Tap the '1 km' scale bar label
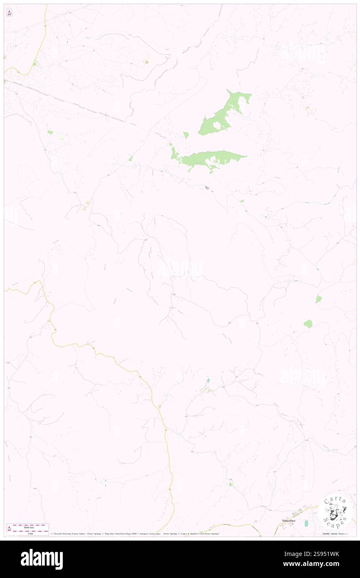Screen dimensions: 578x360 tap(30, 534)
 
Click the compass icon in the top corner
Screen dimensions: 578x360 tap(9, 13)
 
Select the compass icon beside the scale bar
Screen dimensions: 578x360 tap(9, 529)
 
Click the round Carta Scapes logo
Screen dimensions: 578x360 tap(335, 511)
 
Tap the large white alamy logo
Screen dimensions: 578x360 tap(42, 559)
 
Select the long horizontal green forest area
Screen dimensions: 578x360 tap(212, 158)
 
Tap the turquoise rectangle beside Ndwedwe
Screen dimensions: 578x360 tap(306, 523)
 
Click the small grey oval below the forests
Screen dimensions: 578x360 tap(207, 188)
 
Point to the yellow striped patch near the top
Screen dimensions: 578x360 tap(146, 62)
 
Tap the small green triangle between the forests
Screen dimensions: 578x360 tap(186, 135)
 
